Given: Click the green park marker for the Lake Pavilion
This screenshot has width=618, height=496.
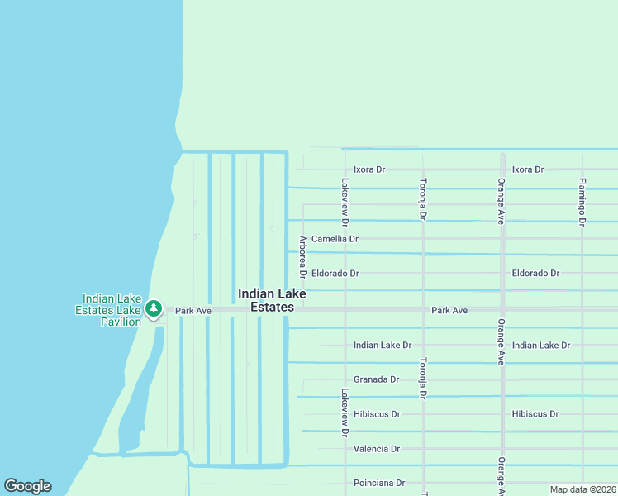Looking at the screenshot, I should (153, 309).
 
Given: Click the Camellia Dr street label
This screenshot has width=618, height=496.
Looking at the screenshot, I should (335, 239).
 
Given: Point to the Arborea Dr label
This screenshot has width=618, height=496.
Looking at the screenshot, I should (303, 257).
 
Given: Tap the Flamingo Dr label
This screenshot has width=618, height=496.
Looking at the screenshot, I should (582, 202).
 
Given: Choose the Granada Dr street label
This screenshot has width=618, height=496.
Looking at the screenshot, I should (376, 379).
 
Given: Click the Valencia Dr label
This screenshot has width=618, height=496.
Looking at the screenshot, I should (376, 449).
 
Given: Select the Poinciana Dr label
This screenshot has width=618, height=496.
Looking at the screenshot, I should (378, 483).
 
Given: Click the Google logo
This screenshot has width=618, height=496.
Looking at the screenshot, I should (27, 486).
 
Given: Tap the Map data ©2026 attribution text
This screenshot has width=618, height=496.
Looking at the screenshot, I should (582, 489).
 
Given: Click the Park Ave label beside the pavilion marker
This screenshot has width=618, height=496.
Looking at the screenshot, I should (193, 311).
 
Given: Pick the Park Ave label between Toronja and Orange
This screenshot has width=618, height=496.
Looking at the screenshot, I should (449, 310).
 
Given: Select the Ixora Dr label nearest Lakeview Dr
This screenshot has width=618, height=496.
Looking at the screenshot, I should (369, 169).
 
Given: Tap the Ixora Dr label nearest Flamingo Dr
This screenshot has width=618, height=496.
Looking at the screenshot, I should (528, 169).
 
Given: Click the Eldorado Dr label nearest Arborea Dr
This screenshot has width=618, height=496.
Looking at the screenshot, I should (335, 273).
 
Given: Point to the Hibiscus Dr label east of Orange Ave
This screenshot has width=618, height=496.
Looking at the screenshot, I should (535, 414).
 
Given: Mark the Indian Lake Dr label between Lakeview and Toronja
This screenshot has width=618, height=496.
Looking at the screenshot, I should (383, 345).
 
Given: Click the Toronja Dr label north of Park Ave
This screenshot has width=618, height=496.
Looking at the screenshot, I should (423, 198).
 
